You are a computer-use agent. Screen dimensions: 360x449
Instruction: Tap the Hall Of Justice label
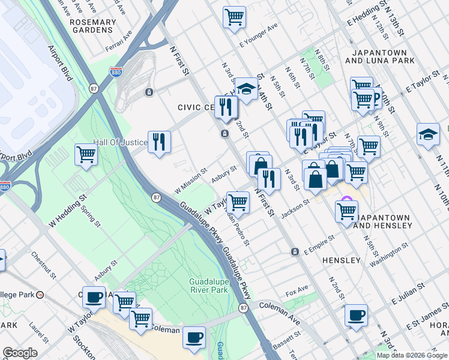tap(119, 142)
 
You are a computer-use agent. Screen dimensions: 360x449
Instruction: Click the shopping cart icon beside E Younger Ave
tap(234, 16)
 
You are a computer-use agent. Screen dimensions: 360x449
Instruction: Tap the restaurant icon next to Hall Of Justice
tap(158, 142)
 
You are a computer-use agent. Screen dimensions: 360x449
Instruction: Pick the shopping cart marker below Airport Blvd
tap(86, 155)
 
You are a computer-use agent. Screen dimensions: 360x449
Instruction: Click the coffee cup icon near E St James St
tap(357, 315)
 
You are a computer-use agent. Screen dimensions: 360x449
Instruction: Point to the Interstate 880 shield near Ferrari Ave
tap(116, 72)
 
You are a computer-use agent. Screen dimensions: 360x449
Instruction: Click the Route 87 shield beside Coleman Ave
tap(243, 308)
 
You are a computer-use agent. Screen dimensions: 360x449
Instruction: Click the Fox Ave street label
tap(297, 292)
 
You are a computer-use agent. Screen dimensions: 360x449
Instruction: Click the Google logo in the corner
tap(20, 353)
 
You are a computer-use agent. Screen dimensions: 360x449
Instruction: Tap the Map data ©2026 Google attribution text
tap(411, 355)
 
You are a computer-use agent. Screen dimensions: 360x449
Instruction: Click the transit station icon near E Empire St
tap(295, 251)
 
